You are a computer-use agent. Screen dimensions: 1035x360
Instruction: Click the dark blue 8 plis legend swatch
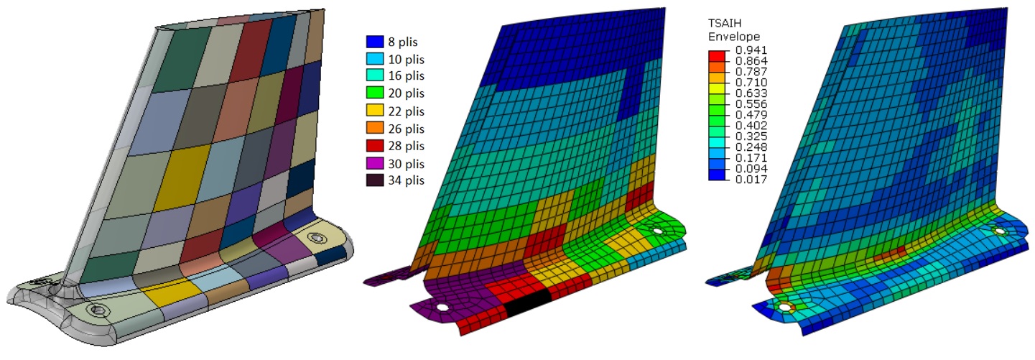375,42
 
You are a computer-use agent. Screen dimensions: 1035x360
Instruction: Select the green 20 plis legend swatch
375,93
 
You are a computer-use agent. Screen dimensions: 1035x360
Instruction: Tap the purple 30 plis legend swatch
375,164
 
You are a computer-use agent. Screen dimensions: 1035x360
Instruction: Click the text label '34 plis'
406,180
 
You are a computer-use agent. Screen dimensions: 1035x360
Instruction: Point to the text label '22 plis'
406,111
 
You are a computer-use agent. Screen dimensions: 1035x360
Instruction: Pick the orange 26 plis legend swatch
375,128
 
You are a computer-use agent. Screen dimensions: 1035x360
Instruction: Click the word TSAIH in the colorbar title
725,23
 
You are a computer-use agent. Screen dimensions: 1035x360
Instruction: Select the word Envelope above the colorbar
734,37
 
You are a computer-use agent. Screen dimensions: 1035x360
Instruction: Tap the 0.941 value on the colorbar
751,50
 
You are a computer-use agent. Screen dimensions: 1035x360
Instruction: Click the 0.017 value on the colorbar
751,180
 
